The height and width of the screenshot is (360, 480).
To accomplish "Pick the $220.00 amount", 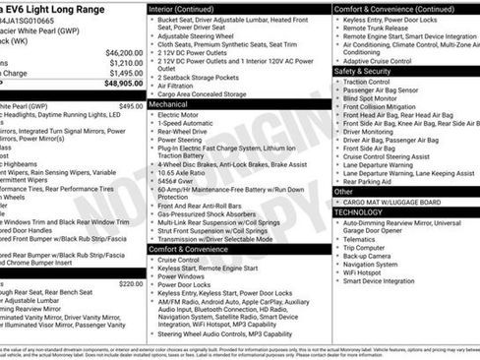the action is pos(131,283).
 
